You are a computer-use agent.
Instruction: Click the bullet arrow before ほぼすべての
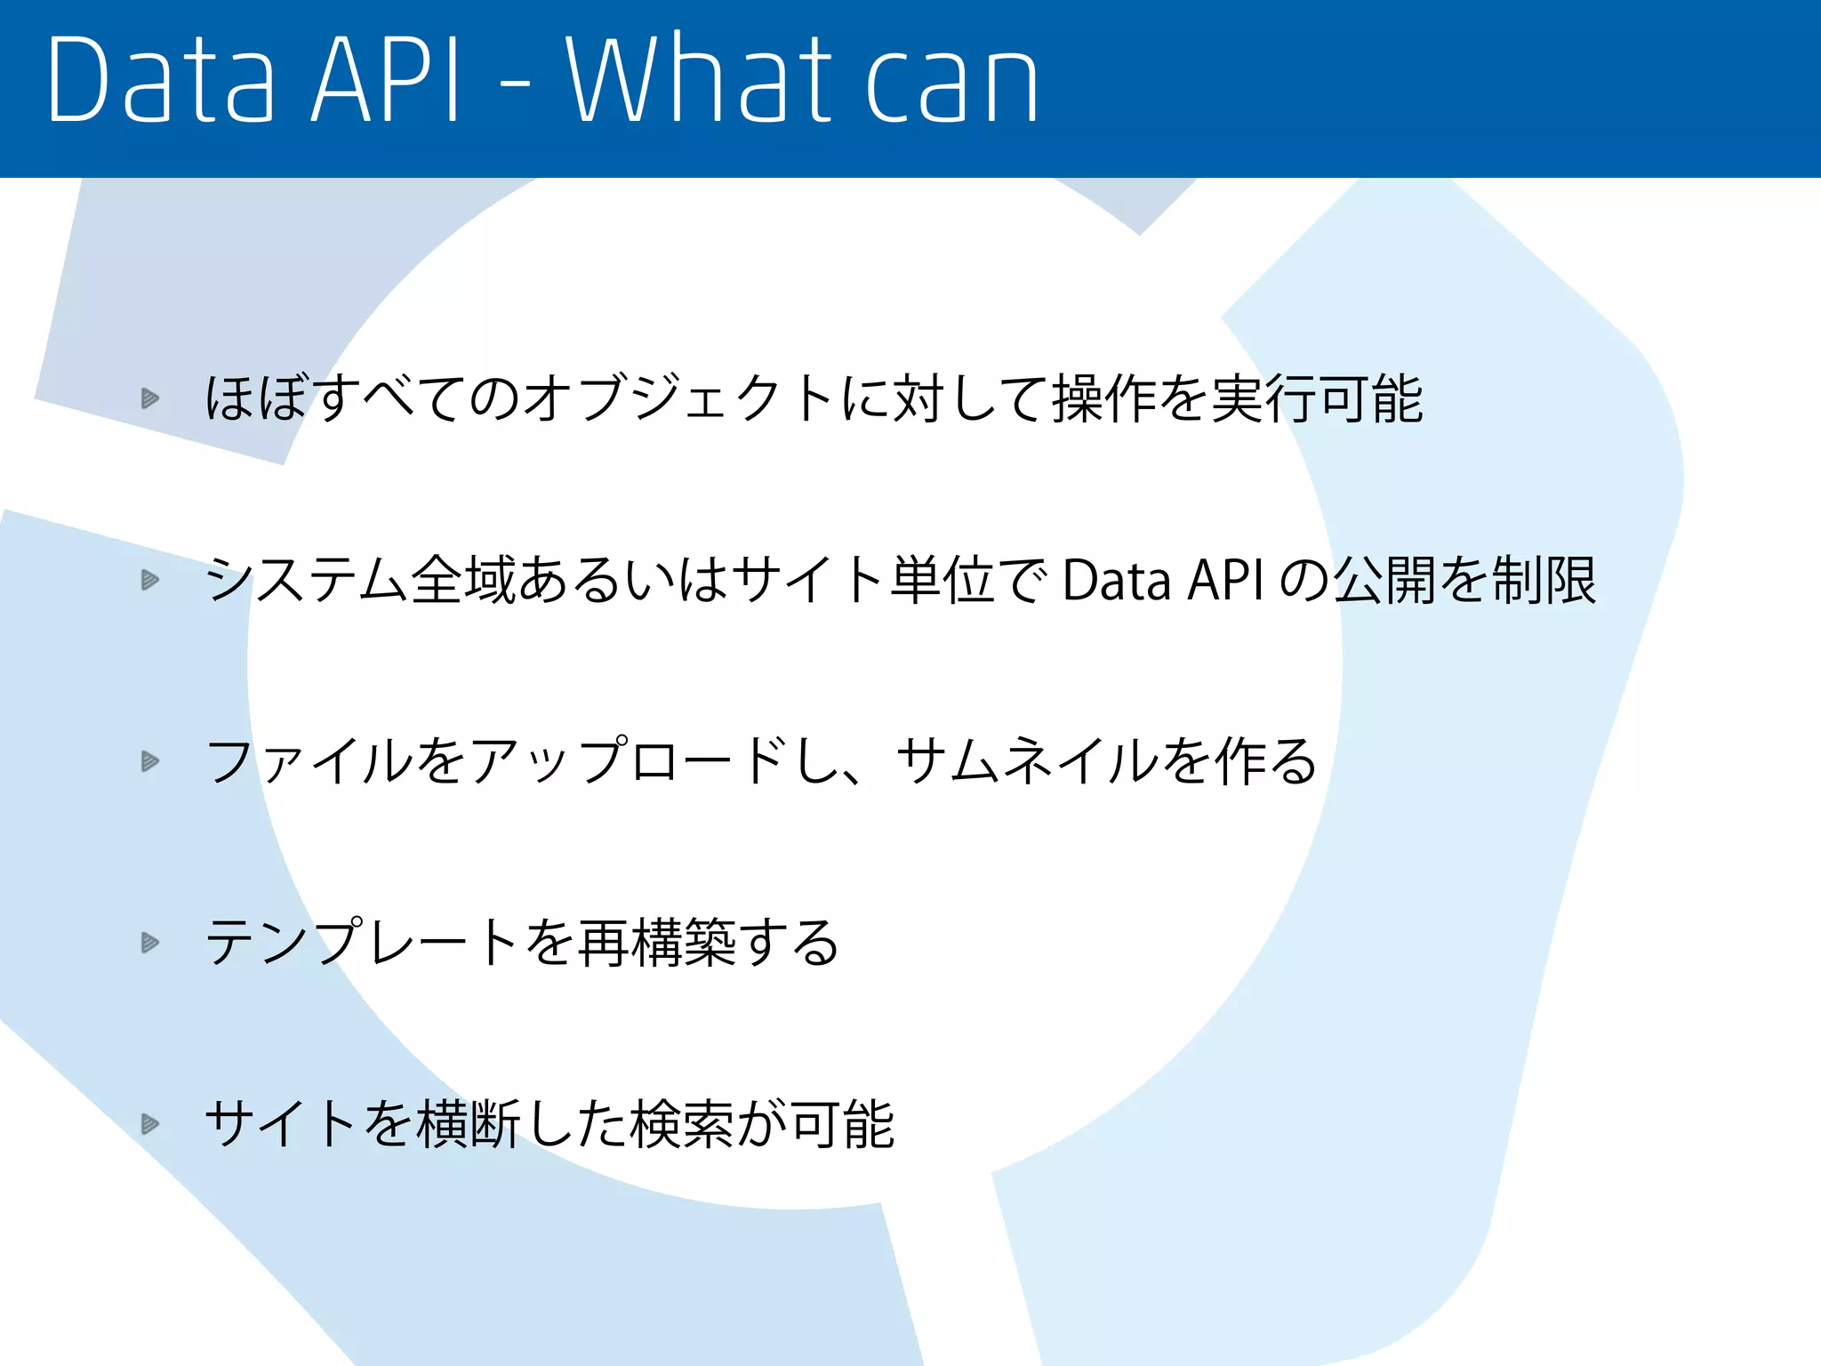[x=150, y=398]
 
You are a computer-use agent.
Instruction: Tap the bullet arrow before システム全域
[x=150, y=580]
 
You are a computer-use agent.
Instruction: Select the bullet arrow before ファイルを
[x=150, y=761]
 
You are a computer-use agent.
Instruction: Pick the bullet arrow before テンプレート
[x=150, y=943]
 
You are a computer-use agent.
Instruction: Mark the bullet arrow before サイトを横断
[x=150, y=1124]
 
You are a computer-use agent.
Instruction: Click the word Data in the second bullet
[x=1116, y=581]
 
